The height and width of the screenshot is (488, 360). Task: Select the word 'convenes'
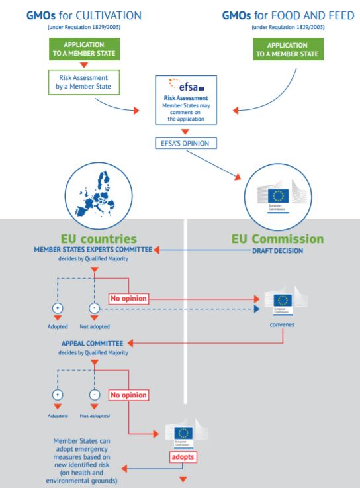coord(283,325)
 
